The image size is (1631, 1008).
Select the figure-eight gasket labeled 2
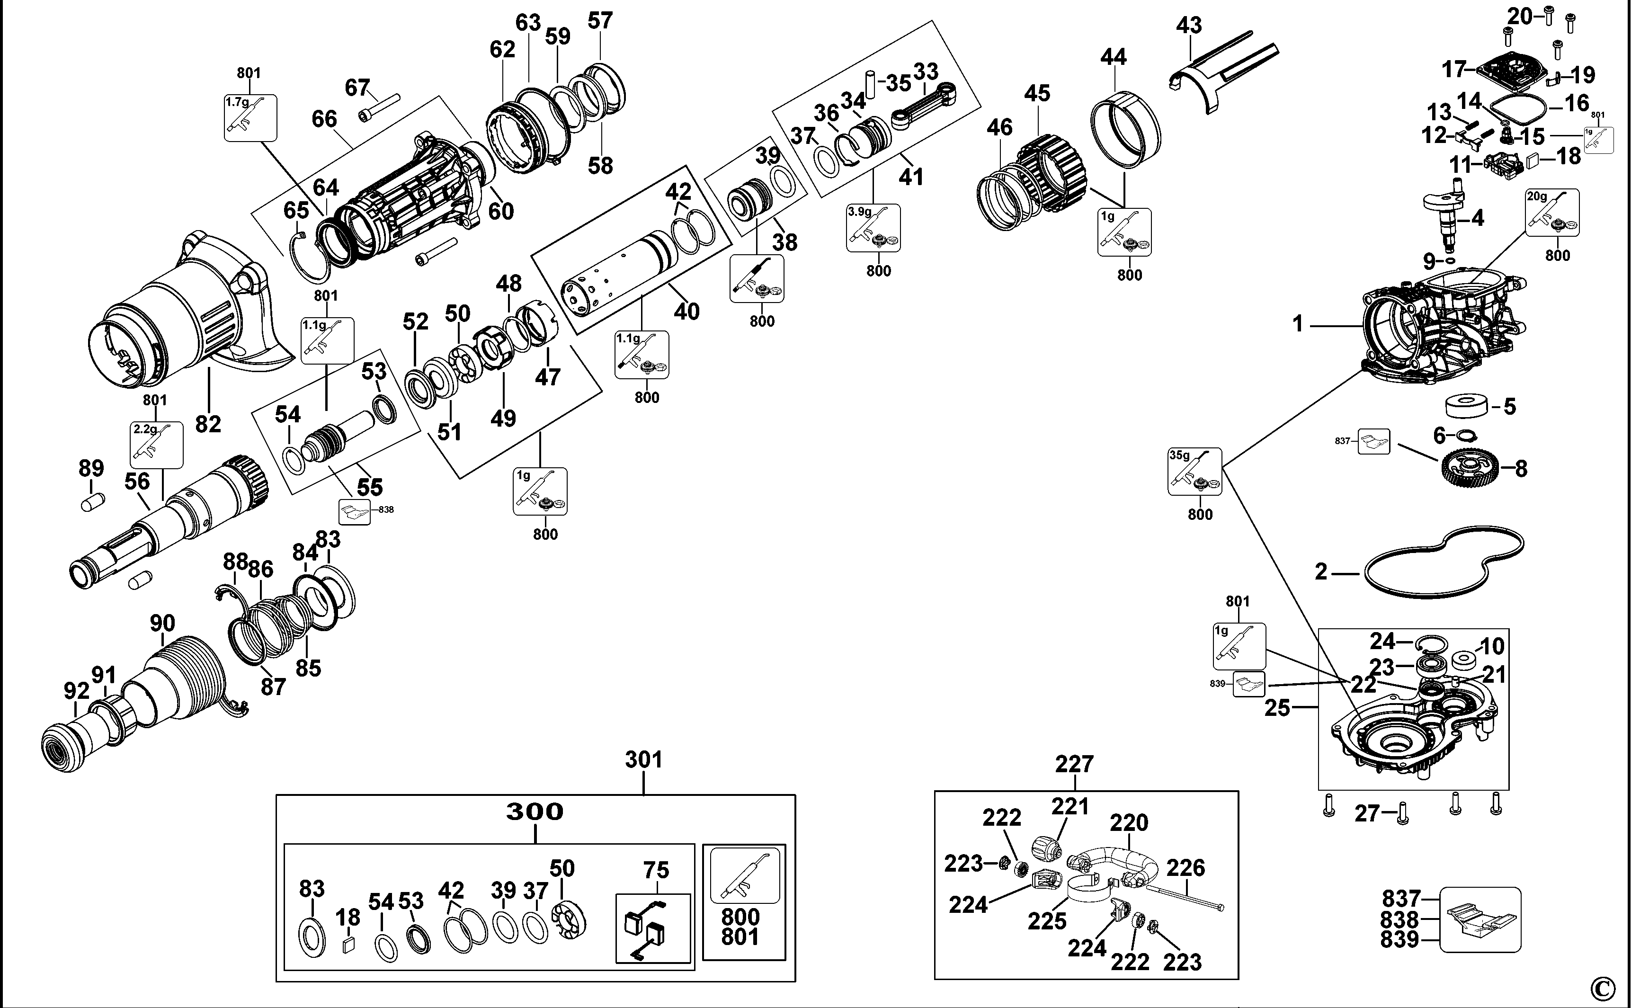click(1444, 563)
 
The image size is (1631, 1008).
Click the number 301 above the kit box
click(643, 759)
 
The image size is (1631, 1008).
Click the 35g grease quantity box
click(1194, 472)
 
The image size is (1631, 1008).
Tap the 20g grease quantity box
click(1552, 212)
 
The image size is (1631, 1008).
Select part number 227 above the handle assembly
click(1074, 764)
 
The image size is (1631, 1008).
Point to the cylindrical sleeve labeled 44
click(1125, 128)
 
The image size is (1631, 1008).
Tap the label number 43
click(1188, 26)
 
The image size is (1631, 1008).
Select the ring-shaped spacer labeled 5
click(1466, 406)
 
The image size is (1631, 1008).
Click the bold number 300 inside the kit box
click(535, 812)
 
